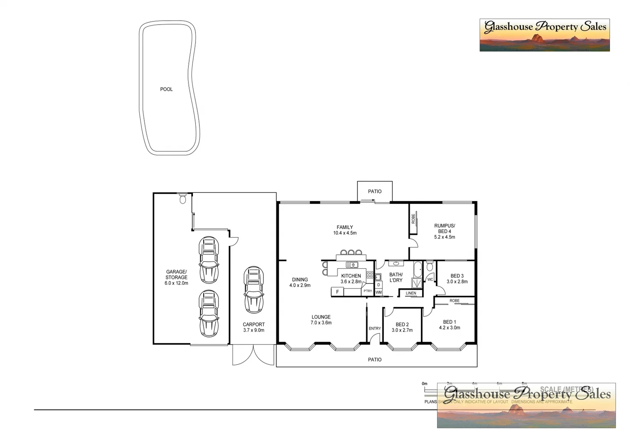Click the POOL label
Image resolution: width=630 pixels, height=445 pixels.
pyautogui.click(x=166, y=89)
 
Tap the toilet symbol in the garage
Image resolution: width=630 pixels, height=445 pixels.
pyautogui.click(x=183, y=199)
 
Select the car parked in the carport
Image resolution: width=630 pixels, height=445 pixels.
pyautogui.click(x=254, y=290)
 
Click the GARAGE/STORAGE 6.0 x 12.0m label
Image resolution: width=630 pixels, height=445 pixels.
pyautogui.click(x=176, y=277)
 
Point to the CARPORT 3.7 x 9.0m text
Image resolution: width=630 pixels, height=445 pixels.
pyautogui.click(x=254, y=327)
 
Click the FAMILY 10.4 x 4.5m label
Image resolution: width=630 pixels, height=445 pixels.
pyautogui.click(x=345, y=230)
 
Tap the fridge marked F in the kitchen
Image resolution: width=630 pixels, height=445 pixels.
pyautogui.click(x=337, y=292)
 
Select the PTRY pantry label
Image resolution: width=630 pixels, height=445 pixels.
pyautogui.click(x=367, y=291)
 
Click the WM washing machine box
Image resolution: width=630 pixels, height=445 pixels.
pyautogui.click(x=378, y=292)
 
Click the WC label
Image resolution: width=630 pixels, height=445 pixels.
pyautogui.click(x=430, y=279)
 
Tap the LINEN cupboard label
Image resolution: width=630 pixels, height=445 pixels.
pyautogui.click(x=411, y=293)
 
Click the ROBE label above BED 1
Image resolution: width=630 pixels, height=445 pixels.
pyautogui.click(x=454, y=301)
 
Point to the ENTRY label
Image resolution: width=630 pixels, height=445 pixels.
pyautogui.click(x=374, y=328)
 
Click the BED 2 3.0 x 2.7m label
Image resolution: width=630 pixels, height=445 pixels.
pyautogui.click(x=402, y=327)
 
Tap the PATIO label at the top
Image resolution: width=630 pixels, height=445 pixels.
pyautogui.click(x=374, y=192)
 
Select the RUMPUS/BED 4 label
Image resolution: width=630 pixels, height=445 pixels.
pyautogui.click(x=444, y=231)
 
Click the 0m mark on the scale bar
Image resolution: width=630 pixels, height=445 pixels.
pyautogui.click(x=425, y=384)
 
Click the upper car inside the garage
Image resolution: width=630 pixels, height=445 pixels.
pyautogui.click(x=209, y=260)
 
